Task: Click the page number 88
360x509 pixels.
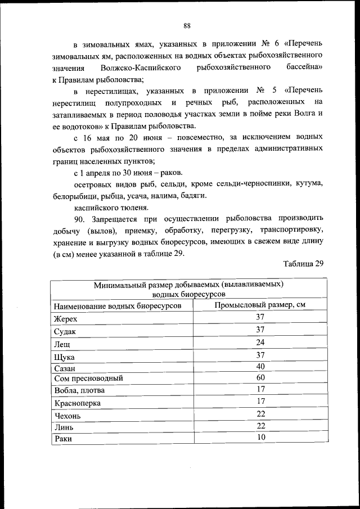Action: point(187,25)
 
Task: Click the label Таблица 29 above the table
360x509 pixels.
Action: point(304,264)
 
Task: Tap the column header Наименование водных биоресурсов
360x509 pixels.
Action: point(118,305)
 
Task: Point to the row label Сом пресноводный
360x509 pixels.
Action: point(88,378)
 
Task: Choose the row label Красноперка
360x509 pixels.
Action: point(76,403)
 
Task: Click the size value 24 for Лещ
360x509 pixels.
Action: point(260,342)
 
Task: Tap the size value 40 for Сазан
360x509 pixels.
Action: point(260,366)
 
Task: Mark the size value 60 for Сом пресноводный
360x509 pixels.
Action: point(260,377)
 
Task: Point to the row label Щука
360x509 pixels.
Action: point(64,357)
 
